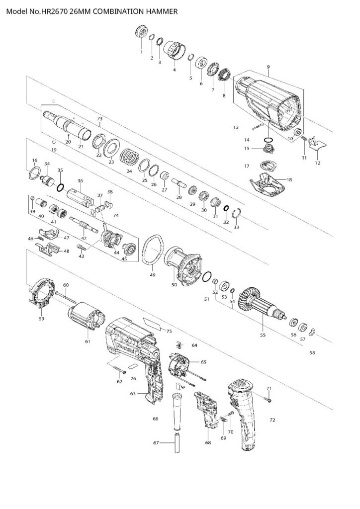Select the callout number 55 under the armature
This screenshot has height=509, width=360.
pyautogui.click(x=263, y=336)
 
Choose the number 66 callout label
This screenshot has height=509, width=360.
pyautogui.click(x=156, y=419)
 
